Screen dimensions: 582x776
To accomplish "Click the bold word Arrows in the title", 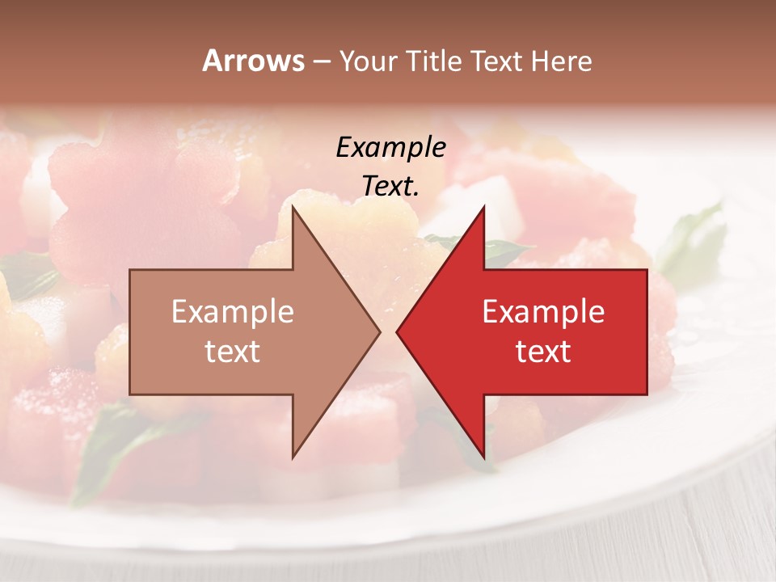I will [253, 61].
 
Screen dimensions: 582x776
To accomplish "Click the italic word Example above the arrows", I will [390, 148].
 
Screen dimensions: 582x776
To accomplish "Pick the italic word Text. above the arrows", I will [390, 186].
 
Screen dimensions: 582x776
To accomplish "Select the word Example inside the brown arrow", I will [233, 312].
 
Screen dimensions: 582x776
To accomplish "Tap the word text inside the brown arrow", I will [233, 352].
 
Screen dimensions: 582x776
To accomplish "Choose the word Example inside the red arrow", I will [543, 312].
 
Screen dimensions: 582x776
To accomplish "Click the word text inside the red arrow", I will [543, 352].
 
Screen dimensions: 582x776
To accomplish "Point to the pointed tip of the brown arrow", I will [380, 331].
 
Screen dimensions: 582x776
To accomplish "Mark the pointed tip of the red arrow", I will [397, 331].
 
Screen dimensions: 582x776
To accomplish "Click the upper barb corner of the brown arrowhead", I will [293, 206].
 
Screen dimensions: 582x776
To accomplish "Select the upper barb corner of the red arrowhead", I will [484, 206].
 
